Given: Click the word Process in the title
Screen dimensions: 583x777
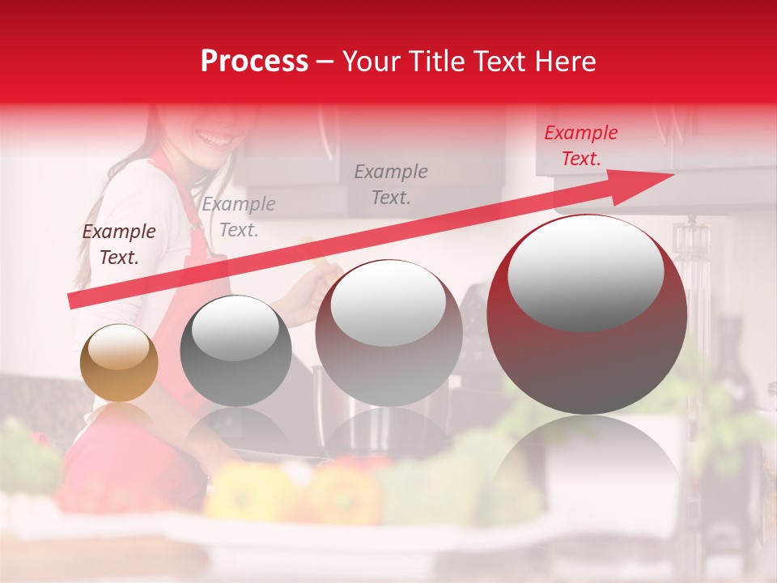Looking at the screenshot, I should tap(254, 62).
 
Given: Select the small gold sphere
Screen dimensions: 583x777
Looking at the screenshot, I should tap(119, 363).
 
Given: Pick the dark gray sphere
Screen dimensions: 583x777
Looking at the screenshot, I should tap(236, 351).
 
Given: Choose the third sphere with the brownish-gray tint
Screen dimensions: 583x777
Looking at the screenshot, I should tap(388, 334).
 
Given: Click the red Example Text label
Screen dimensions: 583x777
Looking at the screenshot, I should tap(580, 146).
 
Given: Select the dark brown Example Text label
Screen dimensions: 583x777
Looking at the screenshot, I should tap(119, 245).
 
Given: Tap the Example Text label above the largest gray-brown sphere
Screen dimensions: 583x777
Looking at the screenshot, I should tap(391, 184).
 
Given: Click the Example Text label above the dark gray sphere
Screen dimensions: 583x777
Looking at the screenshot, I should tap(239, 217).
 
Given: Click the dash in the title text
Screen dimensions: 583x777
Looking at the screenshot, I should tap(325, 62).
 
